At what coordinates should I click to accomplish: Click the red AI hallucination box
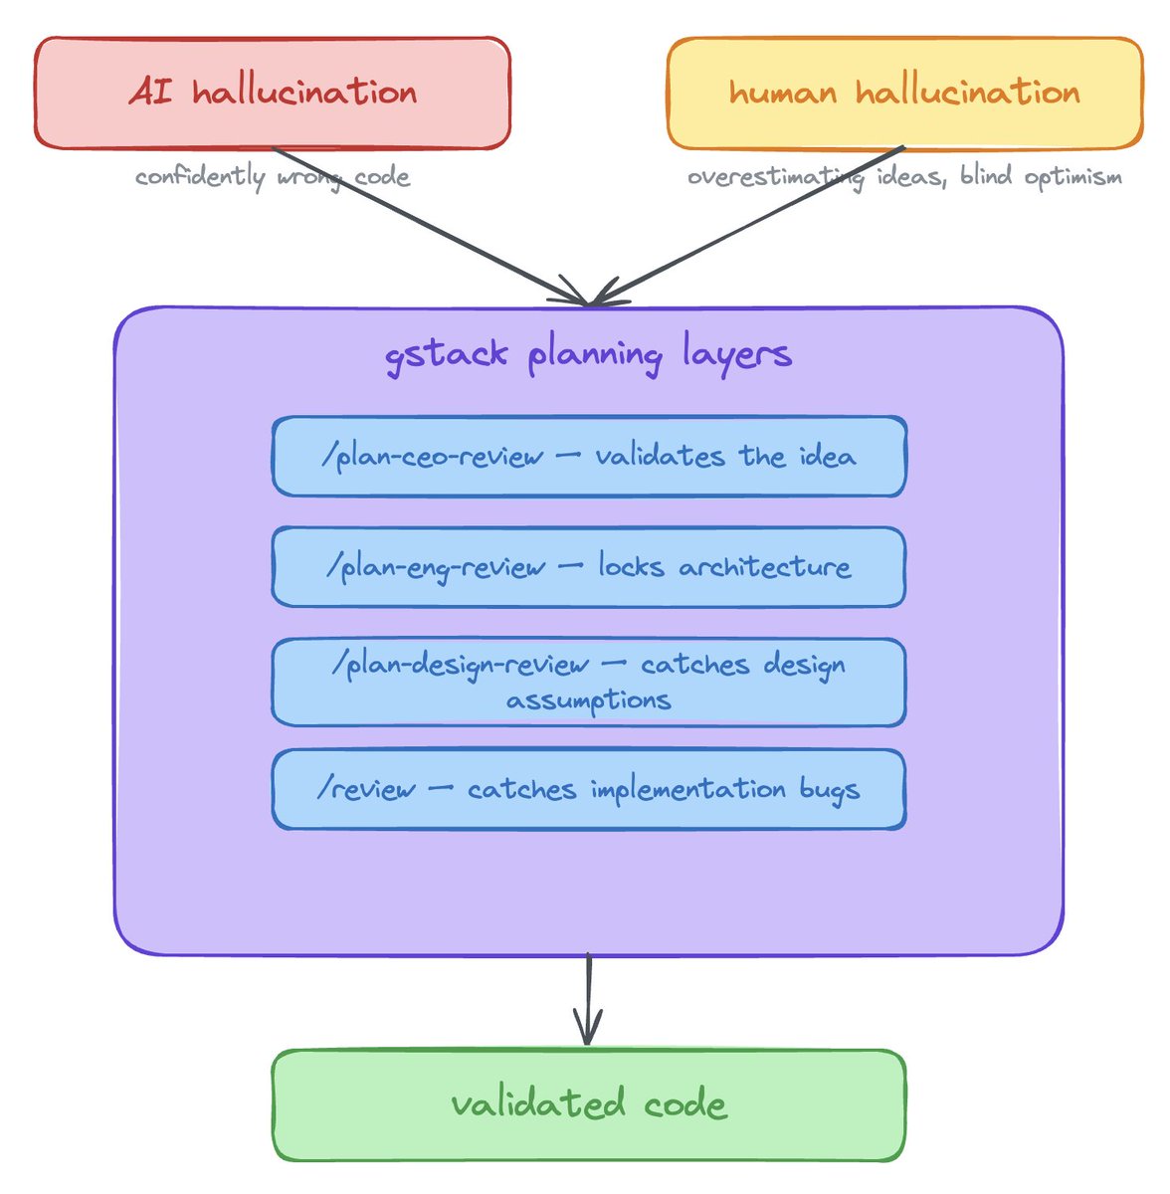pos(272,93)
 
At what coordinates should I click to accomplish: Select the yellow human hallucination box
pos(904,93)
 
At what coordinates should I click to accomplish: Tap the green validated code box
pos(588,1104)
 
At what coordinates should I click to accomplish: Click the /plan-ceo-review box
pos(588,457)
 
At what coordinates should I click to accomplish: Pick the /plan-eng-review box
pos(588,567)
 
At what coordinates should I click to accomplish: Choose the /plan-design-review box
pos(588,682)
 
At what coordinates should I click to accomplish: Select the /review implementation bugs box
pos(588,789)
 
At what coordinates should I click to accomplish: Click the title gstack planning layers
pos(588,354)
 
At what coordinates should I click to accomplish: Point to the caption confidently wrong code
pos(272,177)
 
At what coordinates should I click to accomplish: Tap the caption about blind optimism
pos(904,177)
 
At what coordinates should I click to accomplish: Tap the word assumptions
pos(588,699)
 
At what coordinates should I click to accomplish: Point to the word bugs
pos(829,790)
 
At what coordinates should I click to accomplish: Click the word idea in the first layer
pos(826,457)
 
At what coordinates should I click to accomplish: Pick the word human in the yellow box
pos(782,93)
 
